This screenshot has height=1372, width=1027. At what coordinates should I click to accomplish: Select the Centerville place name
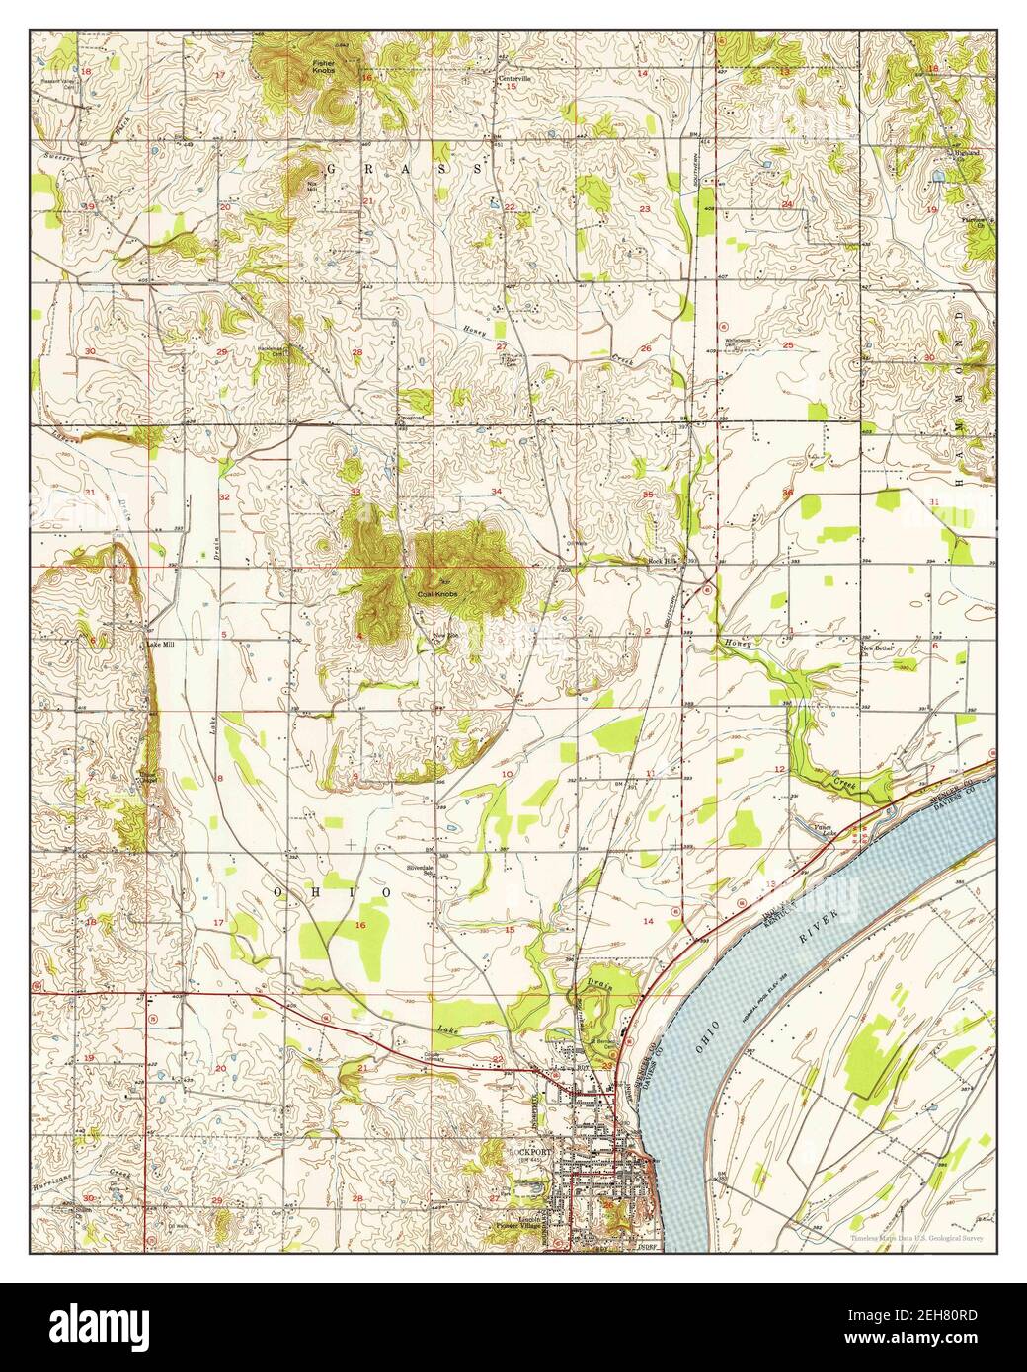(x=513, y=78)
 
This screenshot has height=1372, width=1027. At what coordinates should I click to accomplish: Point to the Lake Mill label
(x=159, y=645)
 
